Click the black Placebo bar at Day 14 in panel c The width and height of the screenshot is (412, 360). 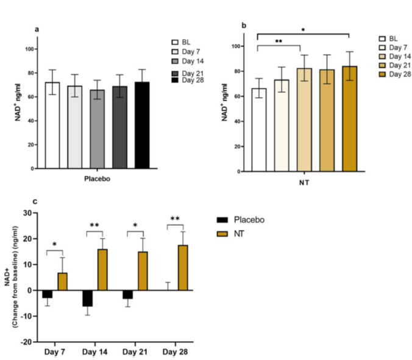(88, 298)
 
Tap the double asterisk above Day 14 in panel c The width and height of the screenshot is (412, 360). (94, 226)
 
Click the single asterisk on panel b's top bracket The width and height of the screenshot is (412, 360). (303, 29)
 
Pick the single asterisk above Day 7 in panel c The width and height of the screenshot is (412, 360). (55, 245)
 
